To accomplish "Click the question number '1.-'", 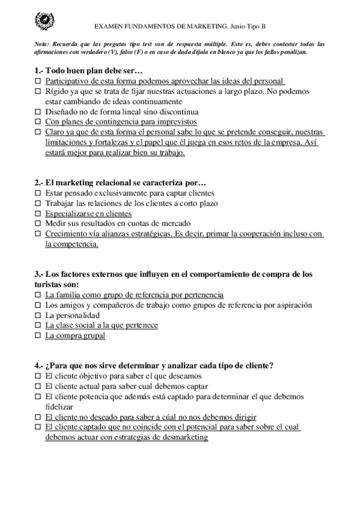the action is pos(39,70).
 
